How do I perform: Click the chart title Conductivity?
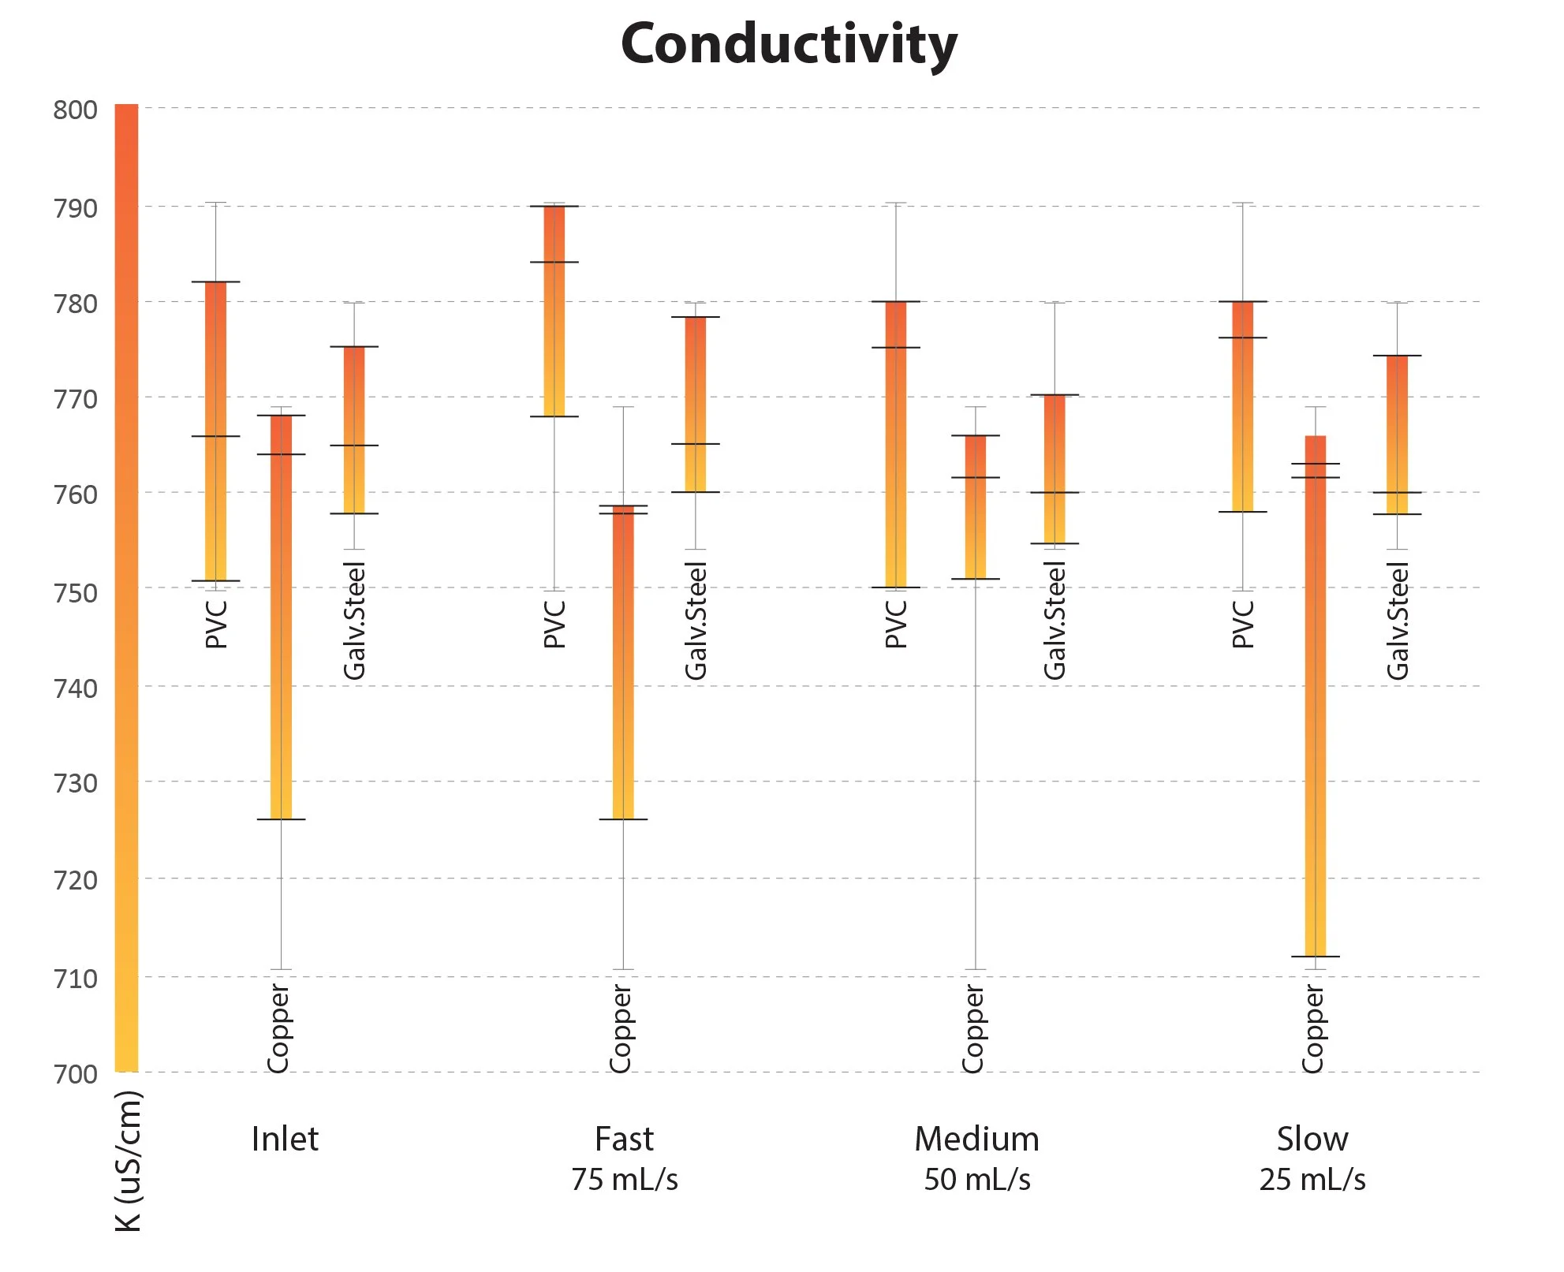point(789,44)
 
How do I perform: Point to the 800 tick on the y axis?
point(76,110)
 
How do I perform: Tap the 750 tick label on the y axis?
point(76,593)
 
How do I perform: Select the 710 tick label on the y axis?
point(76,979)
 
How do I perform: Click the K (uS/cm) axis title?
point(129,1161)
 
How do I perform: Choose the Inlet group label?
point(284,1139)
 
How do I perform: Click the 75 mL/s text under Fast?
point(624,1180)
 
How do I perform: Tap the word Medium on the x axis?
point(976,1139)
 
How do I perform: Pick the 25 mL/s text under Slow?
point(1312,1180)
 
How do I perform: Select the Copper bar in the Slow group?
point(1315,694)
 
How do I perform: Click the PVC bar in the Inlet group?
point(215,431)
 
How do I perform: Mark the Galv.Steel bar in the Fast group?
point(695,404)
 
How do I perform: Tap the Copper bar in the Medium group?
point(976,507)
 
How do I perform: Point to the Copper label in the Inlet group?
point(278,1028)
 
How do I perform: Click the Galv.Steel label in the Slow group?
point(1397,621)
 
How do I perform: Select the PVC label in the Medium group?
point(895,624)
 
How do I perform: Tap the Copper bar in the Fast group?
point(623,662)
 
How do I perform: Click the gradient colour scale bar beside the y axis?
point(126,588)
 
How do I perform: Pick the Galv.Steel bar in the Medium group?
point(1054,469)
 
